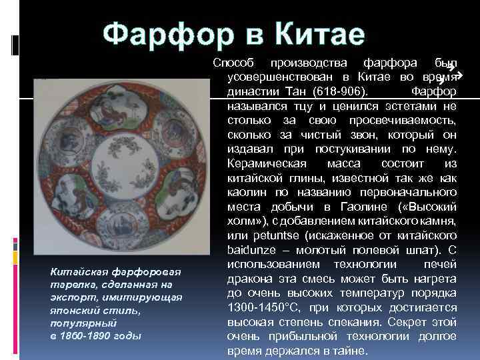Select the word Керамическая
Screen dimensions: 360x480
[x=266, y=164]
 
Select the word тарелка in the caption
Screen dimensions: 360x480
[x=70, y=285]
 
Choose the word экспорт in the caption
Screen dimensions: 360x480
[x=75, y=298]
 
